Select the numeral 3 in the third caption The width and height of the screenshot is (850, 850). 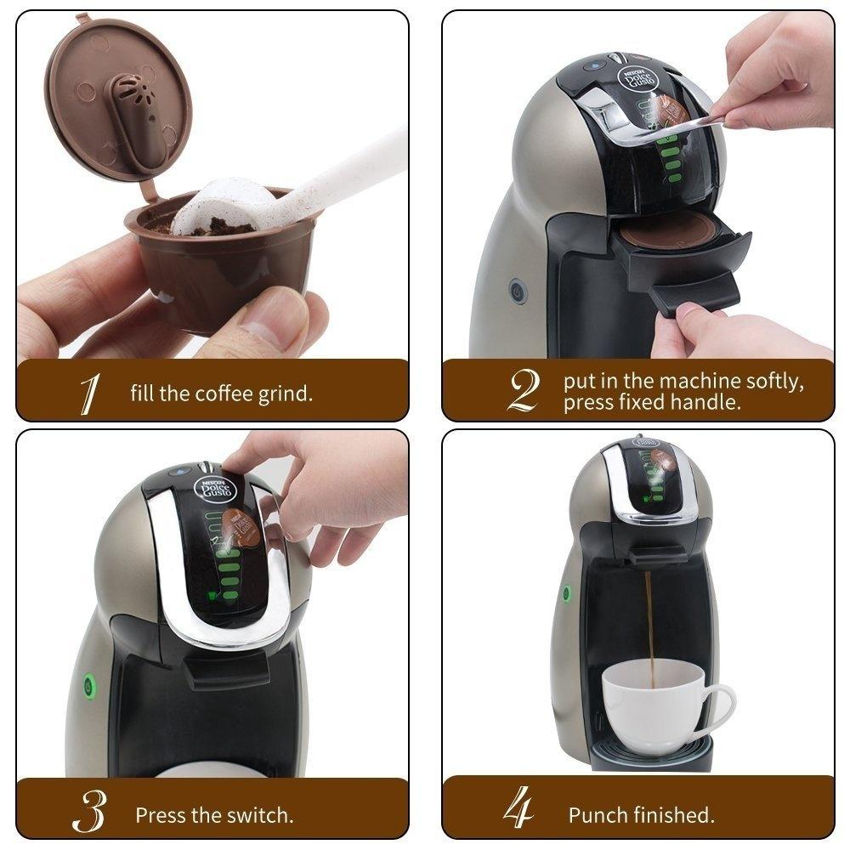88,814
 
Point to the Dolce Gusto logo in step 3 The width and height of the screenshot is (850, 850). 209,490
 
